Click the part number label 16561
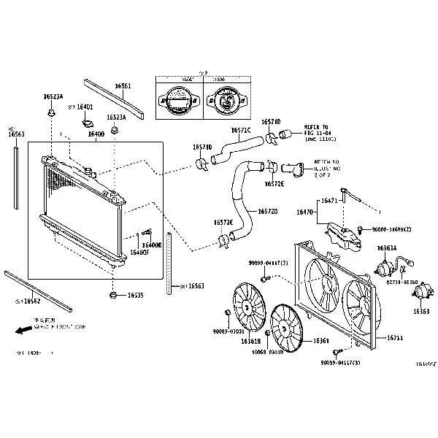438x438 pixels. coord(123,86)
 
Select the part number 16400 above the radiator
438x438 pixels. coord(96,134)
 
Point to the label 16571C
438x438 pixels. coord(240,130)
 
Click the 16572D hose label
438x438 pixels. coord(266,212)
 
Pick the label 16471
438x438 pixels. coord(329,200)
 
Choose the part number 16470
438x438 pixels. coord(304,212)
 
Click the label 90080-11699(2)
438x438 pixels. coord(391,229)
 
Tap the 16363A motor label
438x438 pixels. coord(386,248)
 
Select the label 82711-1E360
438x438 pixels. coord(401,281)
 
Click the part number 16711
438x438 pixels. coord(395,337)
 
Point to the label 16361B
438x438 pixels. coord(250,341)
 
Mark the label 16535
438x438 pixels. coord(135,296)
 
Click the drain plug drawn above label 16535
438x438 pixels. coord(113,295)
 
